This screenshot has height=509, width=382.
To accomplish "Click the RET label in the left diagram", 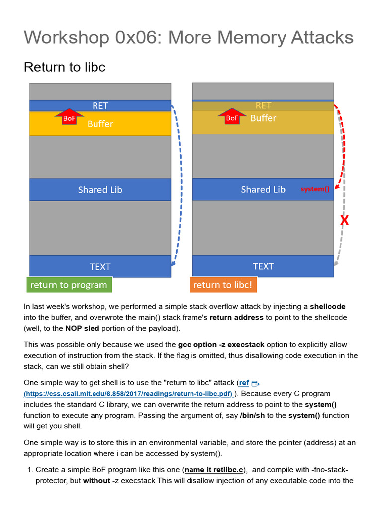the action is tap(100, 105).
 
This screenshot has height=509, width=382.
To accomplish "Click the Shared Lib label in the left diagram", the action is tap(100, 190).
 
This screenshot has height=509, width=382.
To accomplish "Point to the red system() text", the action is tap(315, 189).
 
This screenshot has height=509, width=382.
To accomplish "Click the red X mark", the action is tap(344, 220).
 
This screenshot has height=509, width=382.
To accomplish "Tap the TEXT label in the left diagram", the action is tap(100, 267).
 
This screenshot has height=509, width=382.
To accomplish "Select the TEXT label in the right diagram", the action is tap(263, 266).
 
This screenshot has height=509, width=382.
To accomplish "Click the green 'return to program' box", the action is tap(69, 285).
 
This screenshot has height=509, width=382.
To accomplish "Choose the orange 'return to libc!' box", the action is tap(223, 285).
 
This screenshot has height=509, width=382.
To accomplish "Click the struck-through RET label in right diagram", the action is tap(263, 105).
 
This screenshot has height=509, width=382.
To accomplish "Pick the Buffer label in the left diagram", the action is tap(100, 124).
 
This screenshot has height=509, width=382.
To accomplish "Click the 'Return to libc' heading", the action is tap(65, 67).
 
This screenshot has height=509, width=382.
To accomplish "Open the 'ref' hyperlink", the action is tap(244, 383).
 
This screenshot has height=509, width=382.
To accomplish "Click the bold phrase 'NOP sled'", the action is tap(84, 328).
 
